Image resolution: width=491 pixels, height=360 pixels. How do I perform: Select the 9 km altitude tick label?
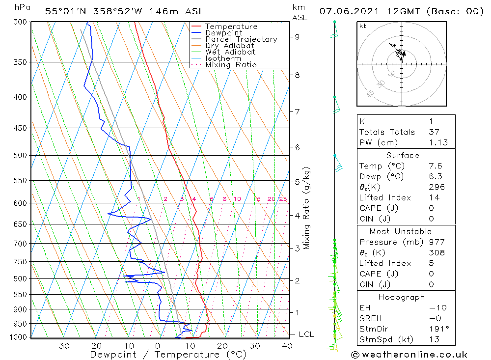(298, 36)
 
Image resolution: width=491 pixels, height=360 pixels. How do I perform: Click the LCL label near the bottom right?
(306, 334)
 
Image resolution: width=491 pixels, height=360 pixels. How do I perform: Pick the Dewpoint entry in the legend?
(223, 33)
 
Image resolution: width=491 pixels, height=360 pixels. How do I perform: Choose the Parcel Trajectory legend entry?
(241, 39)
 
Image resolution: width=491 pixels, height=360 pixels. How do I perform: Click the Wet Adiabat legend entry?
(230, 52)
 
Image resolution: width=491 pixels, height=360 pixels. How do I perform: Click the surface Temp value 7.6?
(436, 166)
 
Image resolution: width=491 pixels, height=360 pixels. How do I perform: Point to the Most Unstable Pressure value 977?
(436, 242)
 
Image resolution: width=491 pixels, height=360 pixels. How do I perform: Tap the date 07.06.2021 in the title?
(347, 11)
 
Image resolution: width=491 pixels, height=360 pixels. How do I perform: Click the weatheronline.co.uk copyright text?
(409, 354)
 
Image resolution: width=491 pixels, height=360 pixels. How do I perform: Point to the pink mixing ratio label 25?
(283, 199)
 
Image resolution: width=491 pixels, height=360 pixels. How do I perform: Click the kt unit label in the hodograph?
(362, 26)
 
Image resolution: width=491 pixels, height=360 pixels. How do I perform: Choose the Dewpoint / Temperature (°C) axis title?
(168, 354)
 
